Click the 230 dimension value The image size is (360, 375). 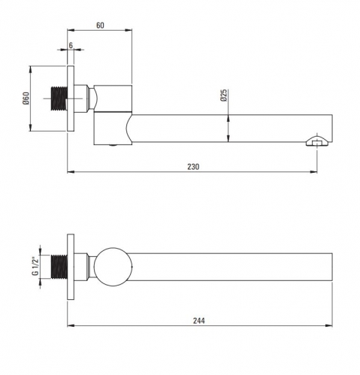pos(193,167)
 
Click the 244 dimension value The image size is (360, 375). pos(199,320)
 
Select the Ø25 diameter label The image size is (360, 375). pos(224,95)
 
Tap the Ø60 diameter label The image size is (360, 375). pos(26,98)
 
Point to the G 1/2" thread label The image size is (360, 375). pos(35,266)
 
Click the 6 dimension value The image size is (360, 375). pos(71,45)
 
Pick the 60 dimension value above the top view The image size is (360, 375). pos(100,26)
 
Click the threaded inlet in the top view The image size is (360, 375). pos(59,98)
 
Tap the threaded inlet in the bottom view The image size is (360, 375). pos(59,267)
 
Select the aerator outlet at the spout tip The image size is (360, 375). pos(316,141)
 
